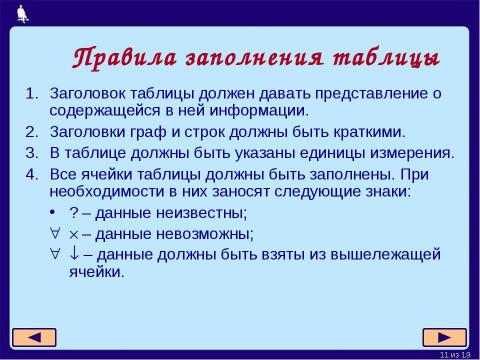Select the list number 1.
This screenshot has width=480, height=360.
coord(29,93)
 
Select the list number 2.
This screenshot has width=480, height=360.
coord(29,131)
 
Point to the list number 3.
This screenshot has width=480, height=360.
coord(29,152)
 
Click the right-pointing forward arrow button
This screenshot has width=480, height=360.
coord(445,335)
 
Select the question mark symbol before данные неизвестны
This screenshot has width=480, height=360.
coord(73,213)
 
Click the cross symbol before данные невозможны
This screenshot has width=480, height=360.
coord(73,234)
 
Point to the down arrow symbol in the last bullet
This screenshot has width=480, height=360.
coord(73,254)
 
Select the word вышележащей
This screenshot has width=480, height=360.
coord(385,254)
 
